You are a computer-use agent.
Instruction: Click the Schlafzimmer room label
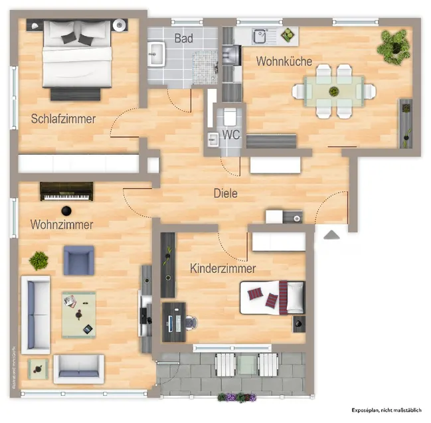pyautogui.click(x=63, y=120)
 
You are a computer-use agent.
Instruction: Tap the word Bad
pyautogui.click(x=184, y=39)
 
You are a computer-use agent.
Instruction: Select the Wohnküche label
pyautogui.click(x=284, y=62)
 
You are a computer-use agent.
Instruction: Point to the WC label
pyautogui.click(x=230, y=134)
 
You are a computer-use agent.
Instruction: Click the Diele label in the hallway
pyautogui.click(x=225, y=194)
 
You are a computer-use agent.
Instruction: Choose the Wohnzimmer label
pyautogui.click(x=61, y=225)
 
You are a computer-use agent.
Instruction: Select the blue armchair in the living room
pyautogui.click(x=79, y=260)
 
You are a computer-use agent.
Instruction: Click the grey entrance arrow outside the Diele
pyautogui.click(x=331, y=234)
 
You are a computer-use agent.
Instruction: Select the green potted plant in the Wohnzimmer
pyautogui.click(x=39, y=260)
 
